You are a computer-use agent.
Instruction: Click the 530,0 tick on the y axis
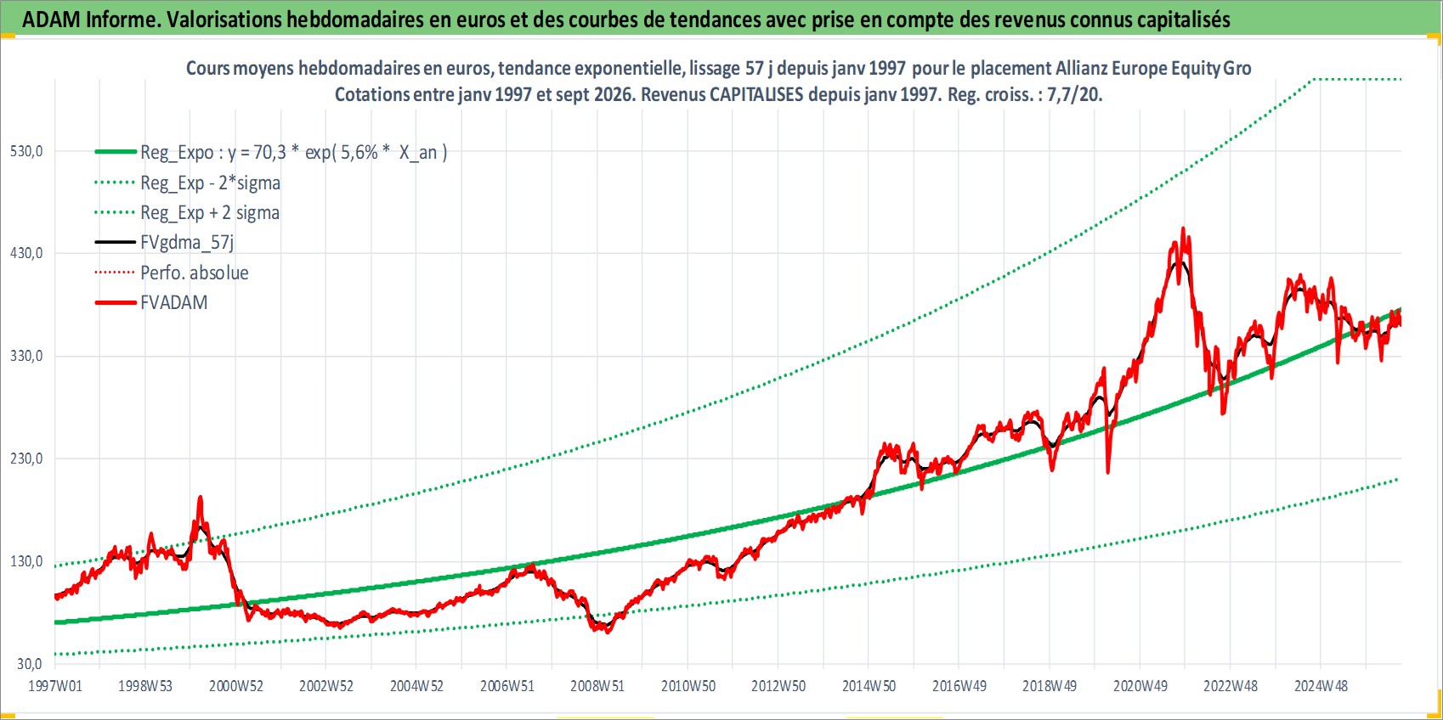pyautogui.click(x=26, y=151)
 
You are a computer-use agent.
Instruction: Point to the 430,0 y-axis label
pyautogui.click(x=26, y=253)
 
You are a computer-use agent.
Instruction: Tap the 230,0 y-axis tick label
pyautogui.click(x=26, y=458)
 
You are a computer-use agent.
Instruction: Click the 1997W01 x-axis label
pyautogui.click(x=54, y=686)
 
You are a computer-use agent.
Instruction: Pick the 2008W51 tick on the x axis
pyautogui.click(x=597, y=686)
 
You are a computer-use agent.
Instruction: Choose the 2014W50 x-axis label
pyautogui.click(x=869, y=686)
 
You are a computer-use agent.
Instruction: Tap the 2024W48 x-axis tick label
pyautogui.click(x=1321, y=686)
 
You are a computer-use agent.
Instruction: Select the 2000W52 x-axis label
pyautogui.click(x=235, y=686)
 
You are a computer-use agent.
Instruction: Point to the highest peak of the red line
pyautogui.click(x=1183, y=228)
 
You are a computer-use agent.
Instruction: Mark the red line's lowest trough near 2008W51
pyautogui.click(x=608, y=632)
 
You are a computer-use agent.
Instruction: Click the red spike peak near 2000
pyautogui.click(x=200, y=497)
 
